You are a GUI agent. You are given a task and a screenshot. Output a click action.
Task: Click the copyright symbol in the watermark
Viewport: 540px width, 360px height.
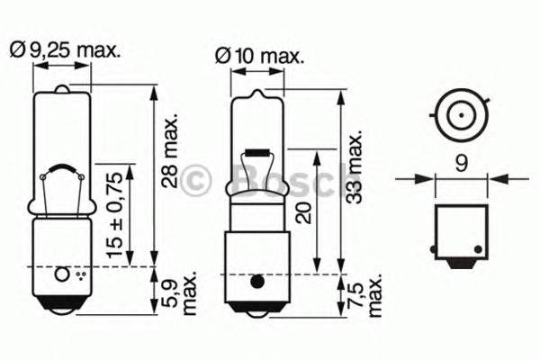tap(196, 180)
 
